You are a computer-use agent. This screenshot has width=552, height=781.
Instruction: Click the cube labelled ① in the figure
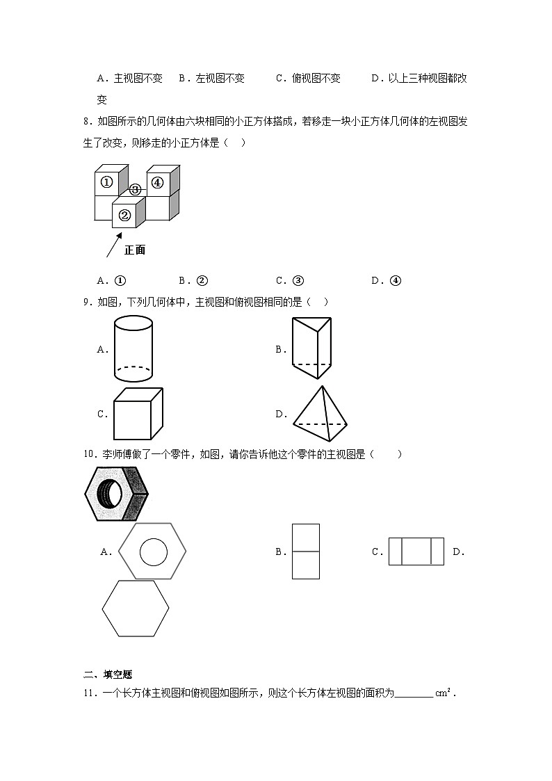pos(106,182)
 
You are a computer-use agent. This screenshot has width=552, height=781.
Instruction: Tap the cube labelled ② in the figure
pos(125,215)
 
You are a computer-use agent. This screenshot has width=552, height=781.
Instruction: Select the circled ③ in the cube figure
pos(136,189)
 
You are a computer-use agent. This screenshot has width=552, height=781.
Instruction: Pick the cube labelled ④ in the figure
pos(158,183)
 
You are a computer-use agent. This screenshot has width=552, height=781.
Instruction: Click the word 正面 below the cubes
pos(135,250)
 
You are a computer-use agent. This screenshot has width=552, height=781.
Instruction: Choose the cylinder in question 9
pos(133,349)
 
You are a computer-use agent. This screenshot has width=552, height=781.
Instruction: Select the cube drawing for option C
pos(137,414)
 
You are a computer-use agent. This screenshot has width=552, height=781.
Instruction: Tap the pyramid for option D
pos(320,415)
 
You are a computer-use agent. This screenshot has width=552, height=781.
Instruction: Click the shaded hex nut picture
pos(116,493)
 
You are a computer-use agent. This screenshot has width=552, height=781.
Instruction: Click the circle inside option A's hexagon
pos(153,552)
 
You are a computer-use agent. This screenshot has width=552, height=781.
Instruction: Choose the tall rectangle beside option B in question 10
pos(306,551)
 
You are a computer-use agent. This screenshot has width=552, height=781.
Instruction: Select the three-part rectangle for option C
pos(416,551)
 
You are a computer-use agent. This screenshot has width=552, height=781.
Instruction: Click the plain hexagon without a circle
pos(136,608)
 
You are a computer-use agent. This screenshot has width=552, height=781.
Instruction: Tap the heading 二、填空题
pos(108,674)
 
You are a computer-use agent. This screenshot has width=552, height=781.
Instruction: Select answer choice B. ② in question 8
pos(193,281)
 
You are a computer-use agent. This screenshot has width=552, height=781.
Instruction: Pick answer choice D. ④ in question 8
pos(387,281)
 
